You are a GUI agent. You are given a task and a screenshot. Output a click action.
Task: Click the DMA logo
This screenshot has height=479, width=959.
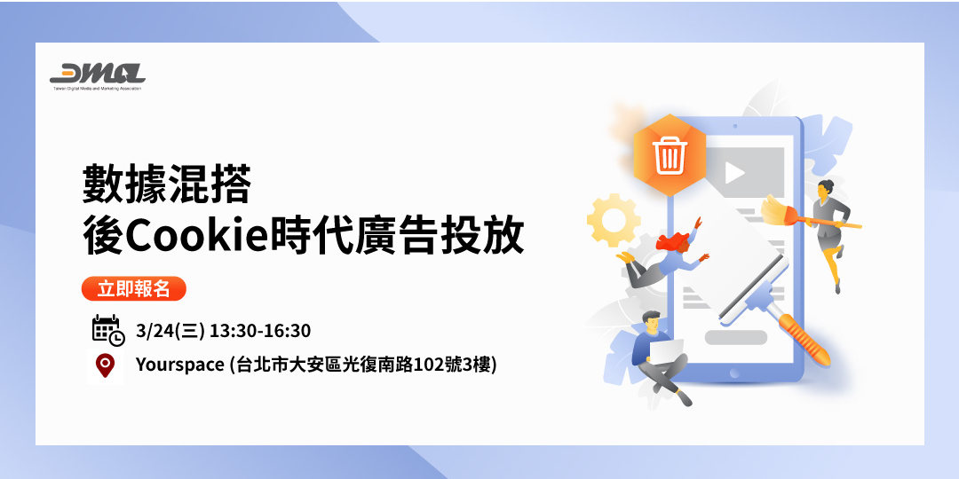click(97, 74)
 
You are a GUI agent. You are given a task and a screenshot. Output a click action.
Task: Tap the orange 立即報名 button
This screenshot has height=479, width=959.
click(133, 289)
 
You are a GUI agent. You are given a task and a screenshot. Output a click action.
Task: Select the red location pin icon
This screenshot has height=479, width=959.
click(107, 365)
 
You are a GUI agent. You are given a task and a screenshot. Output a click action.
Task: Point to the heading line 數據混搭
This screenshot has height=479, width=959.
click(167, 185)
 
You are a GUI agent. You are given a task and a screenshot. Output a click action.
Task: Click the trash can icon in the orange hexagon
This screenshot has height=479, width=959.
click(669, 156)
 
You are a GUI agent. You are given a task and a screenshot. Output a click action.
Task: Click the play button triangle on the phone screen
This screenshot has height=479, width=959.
click(733, 173)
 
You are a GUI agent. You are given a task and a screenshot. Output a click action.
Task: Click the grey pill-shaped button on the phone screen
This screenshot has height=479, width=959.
click(735, 337)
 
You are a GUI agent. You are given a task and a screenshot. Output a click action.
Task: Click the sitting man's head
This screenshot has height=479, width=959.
click(650, 320)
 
